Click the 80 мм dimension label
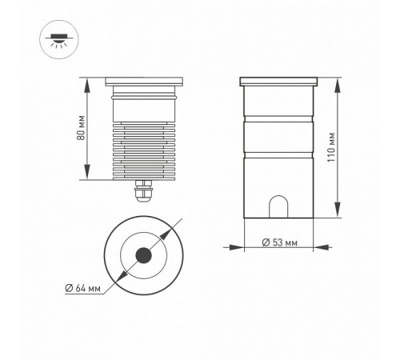(x=81, y=127)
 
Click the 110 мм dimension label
(x=331, y=147)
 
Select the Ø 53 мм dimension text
(x=280, y=242)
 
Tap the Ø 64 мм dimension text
(x=83, y=288)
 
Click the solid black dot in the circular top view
(x=144, y=255)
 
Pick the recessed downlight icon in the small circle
(x=59, y=39)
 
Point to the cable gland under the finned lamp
(x=143, y=190)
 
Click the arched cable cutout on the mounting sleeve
(x=278, y=206)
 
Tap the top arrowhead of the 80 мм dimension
(x=87, y=86)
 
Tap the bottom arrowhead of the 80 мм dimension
(x=87, y=172)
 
